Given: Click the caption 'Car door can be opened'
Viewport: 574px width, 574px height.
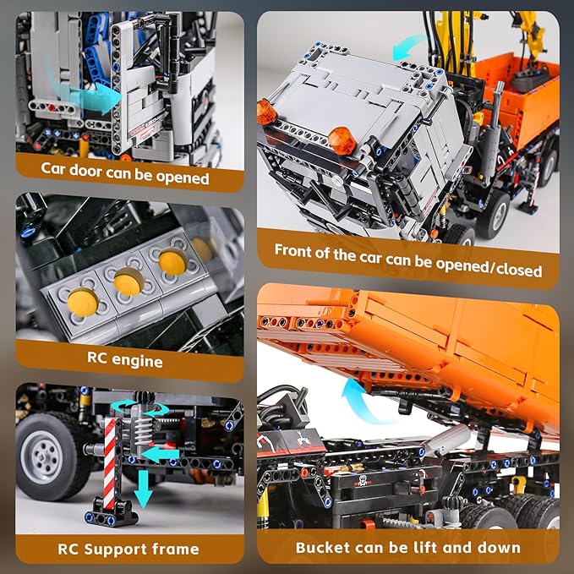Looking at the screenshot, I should click(x=124, y=178).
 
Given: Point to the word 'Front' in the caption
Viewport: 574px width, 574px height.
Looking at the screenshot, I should click(x=298, y=250).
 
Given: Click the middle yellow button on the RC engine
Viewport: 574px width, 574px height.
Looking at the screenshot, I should click(x=127, y=281).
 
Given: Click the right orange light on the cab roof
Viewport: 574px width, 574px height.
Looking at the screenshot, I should click(x=342, y=135).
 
